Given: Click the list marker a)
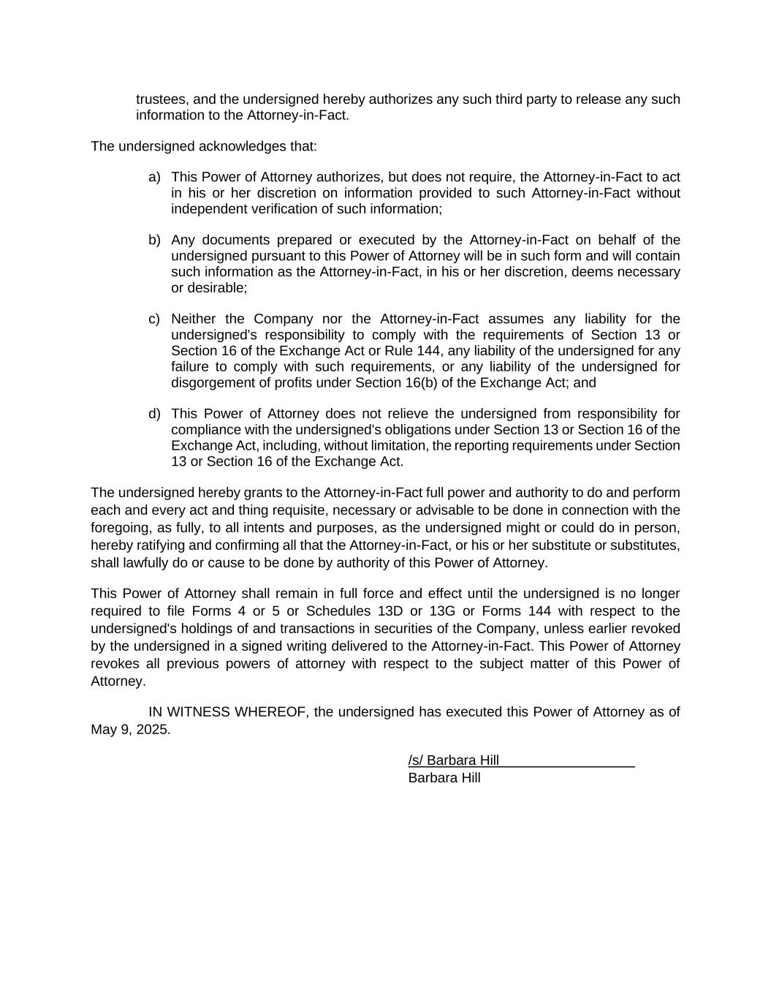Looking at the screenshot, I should (x=154, y=177).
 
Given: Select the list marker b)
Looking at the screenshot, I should (x=154, y=240).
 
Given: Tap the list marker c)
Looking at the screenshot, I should (x=154, y=319).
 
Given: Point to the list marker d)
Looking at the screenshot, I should (x=154, y=414).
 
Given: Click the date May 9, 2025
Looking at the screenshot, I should (x=130, y=730).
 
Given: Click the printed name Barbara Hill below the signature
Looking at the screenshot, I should (x=444, y=778).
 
